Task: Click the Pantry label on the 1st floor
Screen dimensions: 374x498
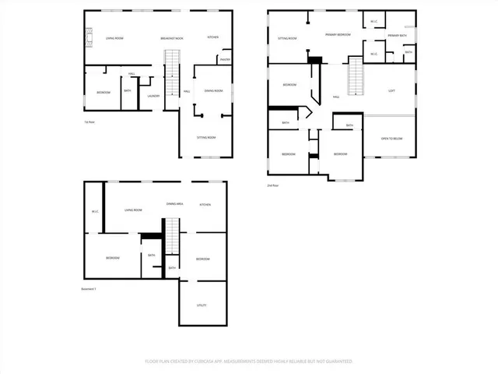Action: coord(224,59)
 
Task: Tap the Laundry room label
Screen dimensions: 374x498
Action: coord(153,97)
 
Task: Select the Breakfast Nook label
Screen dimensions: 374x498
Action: coord(171,38)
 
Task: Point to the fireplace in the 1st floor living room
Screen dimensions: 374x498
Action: coord(88,37)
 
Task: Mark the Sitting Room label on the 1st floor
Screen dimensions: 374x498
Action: coord(205,137)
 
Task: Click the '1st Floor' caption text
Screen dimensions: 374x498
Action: coord(90,122)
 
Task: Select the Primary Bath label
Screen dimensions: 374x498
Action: coord(398,36)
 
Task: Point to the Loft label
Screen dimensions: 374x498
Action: coord(391,90)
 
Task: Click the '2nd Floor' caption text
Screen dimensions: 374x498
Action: coord(273,185)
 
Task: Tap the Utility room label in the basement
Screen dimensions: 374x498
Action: coord(202,305)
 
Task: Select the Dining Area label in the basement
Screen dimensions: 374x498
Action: coord(174,204)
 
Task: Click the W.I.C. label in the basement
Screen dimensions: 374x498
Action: coord(94,210)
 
